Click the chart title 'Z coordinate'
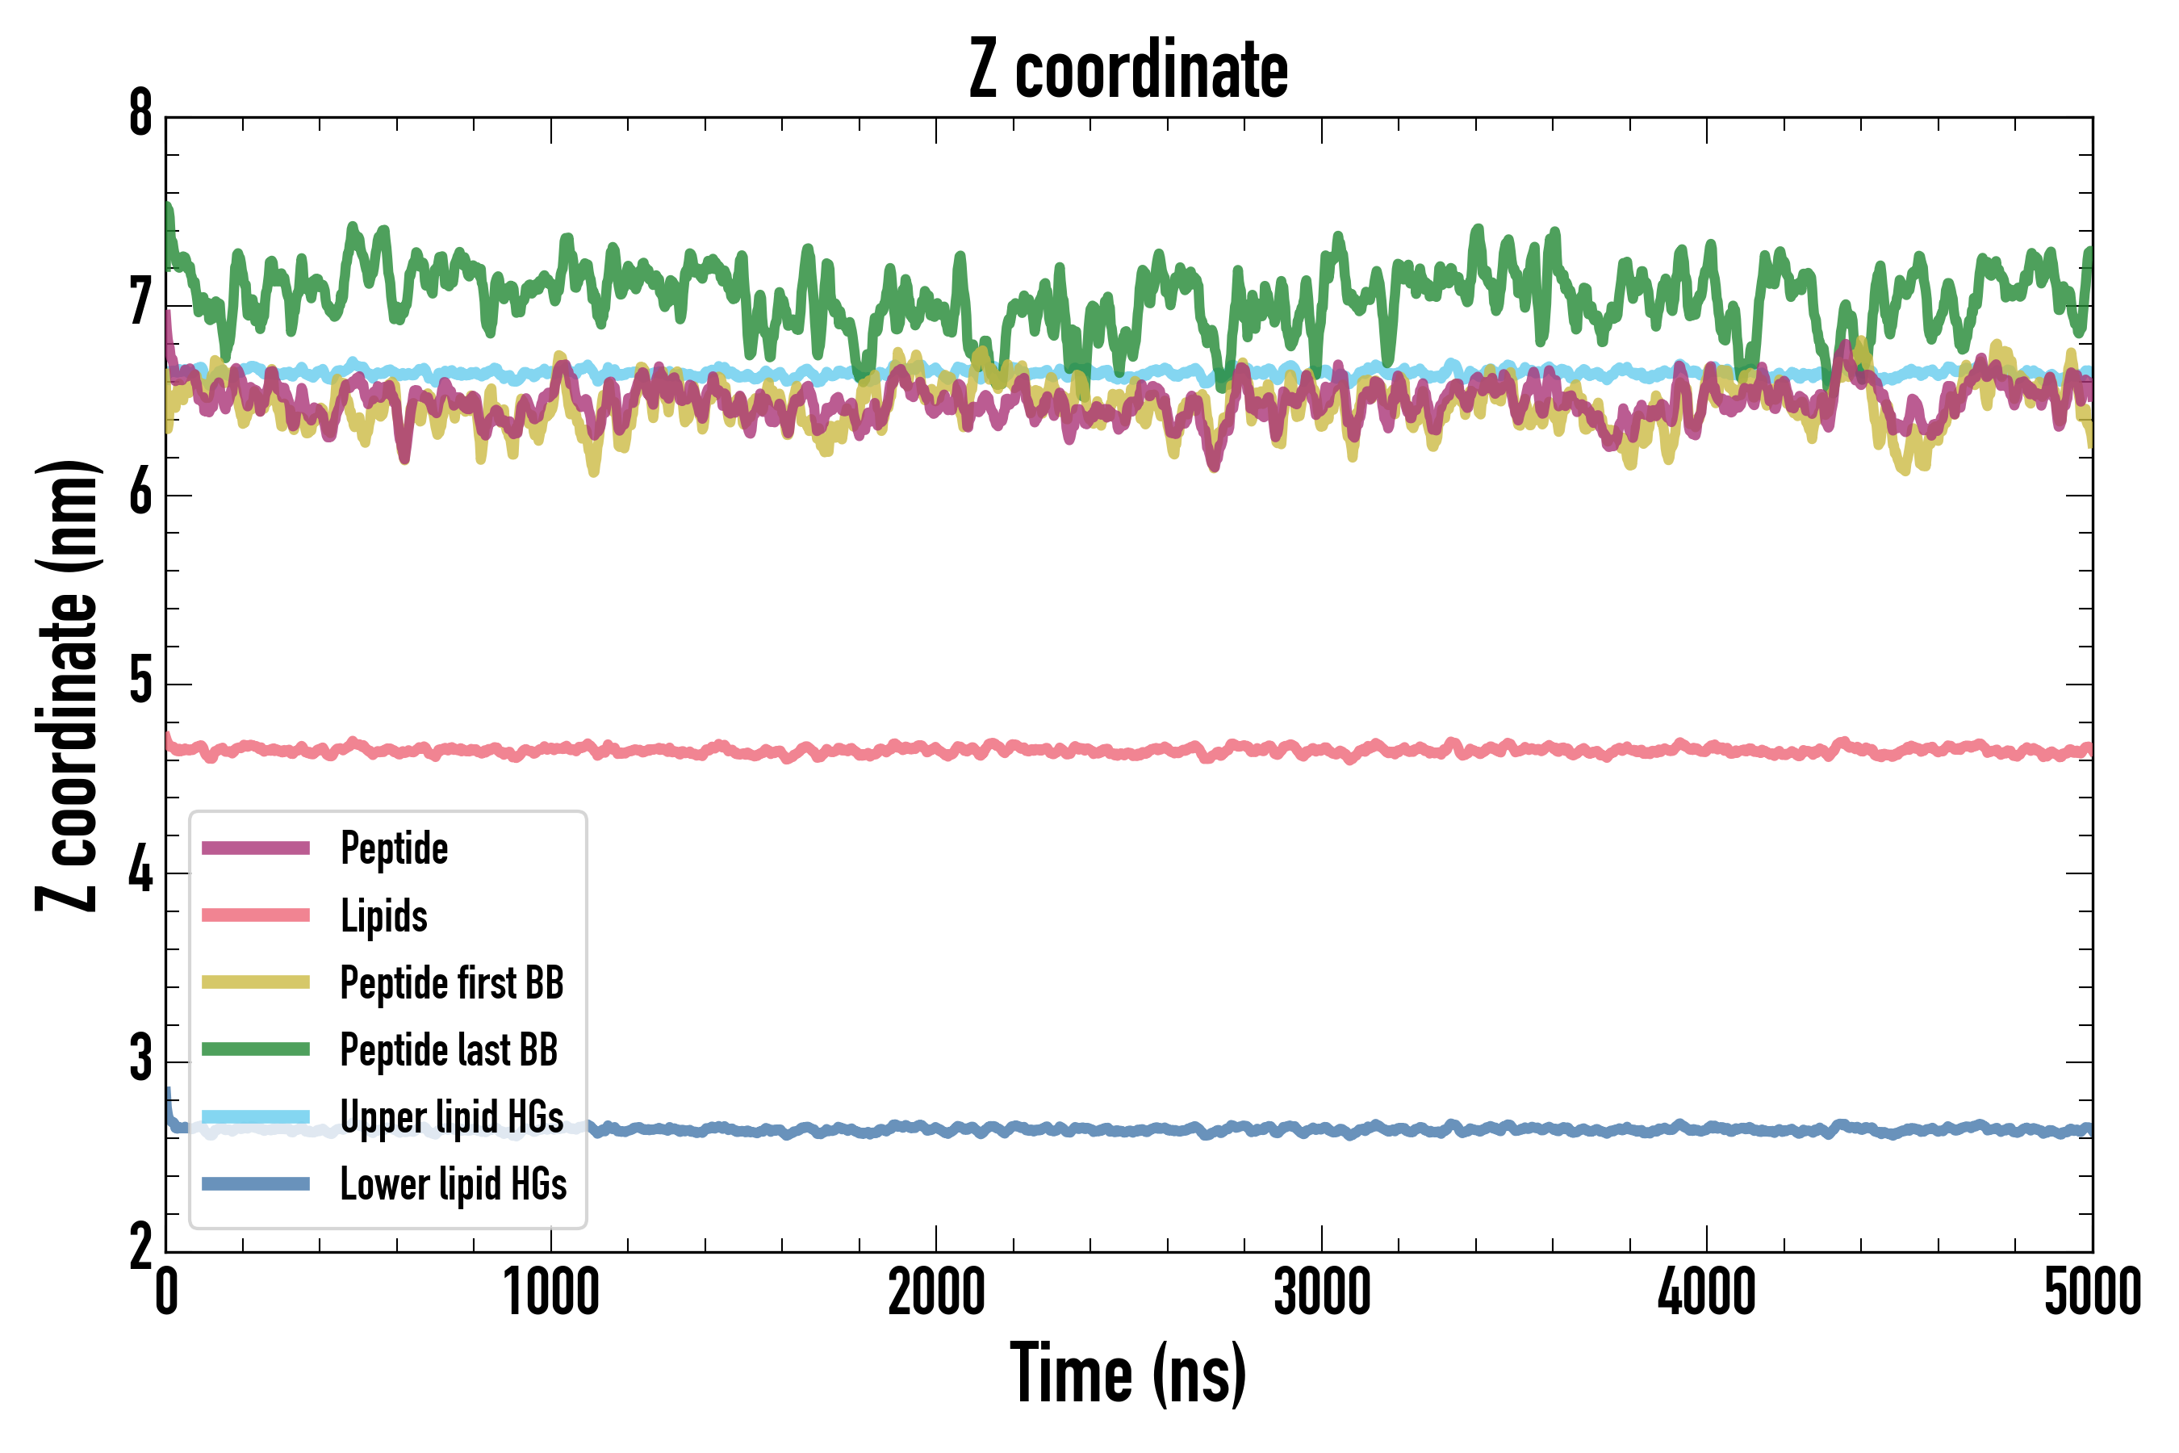(x=1127, y=70)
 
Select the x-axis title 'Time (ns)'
(x=1127, y=1373)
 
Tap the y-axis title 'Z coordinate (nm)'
(x=67, y=685)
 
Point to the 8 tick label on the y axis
(x=140, y=115)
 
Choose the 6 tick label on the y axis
(x=140, y=493)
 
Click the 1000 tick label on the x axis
(x=551, y=1292)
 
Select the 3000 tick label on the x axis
(x=1321, y=1292)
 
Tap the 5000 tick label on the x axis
(x=2092, y=1292)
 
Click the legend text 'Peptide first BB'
(x=451, y=983)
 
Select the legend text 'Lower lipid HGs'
(x=453, y=1184)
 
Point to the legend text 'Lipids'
(x=383, y=915)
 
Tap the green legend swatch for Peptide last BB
(x=256, y=1049)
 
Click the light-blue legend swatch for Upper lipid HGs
(x=256, y=1116)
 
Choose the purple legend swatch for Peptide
(x=256, y=848)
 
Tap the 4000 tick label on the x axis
(x=1707, y=1292)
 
